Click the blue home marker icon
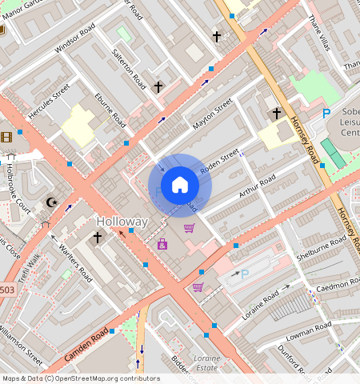pos(180,185)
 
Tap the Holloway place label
pos(122,221)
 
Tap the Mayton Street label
pos(212,114)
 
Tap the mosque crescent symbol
pos(52,202)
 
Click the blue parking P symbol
pos(326,114)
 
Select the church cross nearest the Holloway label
pos(98,238)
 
